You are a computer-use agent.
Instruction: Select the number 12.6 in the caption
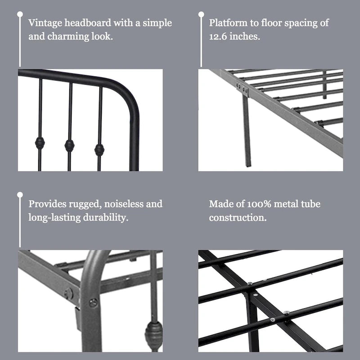pos(219,36)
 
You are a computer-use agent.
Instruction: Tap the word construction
pos(238,217)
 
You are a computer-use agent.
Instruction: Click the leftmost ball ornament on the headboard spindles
pos(40,143)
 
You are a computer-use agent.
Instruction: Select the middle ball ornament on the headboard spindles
pos(69,145)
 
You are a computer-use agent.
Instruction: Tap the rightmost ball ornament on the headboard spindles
pos(99,149)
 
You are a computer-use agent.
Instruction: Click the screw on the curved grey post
pos(93,302)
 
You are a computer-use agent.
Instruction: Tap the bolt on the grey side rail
pos(68,293)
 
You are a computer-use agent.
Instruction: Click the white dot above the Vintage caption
pos(20,14)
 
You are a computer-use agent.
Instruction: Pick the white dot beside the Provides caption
pos(20,195)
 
